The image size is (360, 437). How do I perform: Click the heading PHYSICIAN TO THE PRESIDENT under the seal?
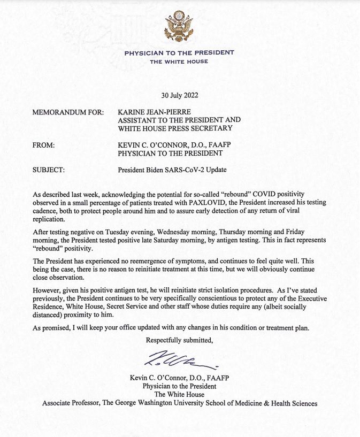pos(179,53)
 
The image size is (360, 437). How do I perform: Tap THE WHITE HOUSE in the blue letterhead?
pos(179,62)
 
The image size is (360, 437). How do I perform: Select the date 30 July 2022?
pos(180,96)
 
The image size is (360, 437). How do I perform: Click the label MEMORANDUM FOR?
pos(63,113)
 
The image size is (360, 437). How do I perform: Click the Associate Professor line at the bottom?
pos(180,403)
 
